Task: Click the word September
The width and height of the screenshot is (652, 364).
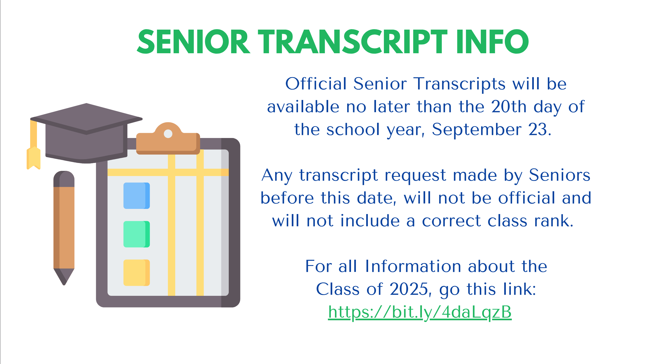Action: tap(477, 130)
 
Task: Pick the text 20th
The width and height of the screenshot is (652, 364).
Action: tap(509, 106)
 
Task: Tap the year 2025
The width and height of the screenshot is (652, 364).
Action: tap(410, 289)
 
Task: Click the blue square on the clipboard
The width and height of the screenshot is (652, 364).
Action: tap(137, 196)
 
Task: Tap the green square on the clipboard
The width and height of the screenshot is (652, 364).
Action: tap(137, 234)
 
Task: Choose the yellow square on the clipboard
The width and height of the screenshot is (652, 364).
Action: tap(137, 273)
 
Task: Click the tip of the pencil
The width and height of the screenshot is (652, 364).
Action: tap(64, 285)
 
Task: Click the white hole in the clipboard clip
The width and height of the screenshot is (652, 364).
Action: tap(168, 134)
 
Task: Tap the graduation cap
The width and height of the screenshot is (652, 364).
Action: tap(86, 133)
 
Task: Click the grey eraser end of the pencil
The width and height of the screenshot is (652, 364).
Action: tap(64, 179)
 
